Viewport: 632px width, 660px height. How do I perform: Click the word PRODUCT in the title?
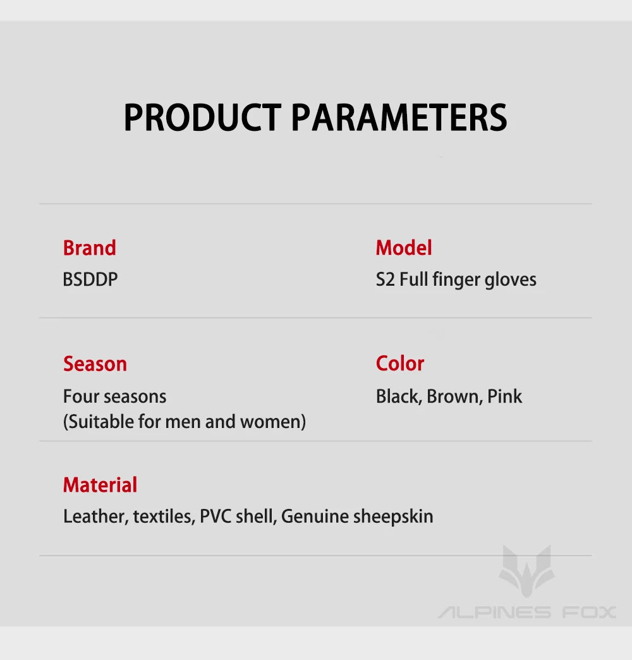[202, 118]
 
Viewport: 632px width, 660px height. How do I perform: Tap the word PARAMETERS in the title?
[399, 118]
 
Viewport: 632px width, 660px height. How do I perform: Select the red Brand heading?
[89, 248]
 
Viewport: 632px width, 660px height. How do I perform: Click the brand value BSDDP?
[90, 279]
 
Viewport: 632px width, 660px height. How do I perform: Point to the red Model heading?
[404, 248]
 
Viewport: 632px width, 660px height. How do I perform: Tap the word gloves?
[511, 280]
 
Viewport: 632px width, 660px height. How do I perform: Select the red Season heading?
[95, 364]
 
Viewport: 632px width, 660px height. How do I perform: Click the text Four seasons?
[115, 396]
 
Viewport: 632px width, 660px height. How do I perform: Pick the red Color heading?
[399, 364]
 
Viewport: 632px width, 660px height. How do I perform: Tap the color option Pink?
[504, 396]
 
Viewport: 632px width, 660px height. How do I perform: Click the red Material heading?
[100, 485]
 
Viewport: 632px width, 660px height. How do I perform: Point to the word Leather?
[95, 516]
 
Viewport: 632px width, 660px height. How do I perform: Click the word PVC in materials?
[216, 516]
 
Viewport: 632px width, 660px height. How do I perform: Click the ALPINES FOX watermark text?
[527, 612]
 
